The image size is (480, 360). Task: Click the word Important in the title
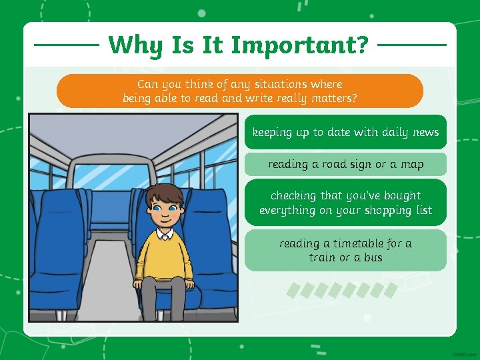point(299,45)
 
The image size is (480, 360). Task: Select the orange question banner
point(240,91)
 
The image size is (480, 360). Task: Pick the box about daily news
point(345,133)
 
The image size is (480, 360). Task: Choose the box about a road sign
point(345,164)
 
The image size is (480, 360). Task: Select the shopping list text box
point(345,203)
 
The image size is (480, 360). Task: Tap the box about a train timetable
point(345,250)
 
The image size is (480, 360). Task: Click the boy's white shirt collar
point(165,234)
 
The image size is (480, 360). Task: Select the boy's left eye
point(174,208)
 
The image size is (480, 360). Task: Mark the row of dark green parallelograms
point(342,290)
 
